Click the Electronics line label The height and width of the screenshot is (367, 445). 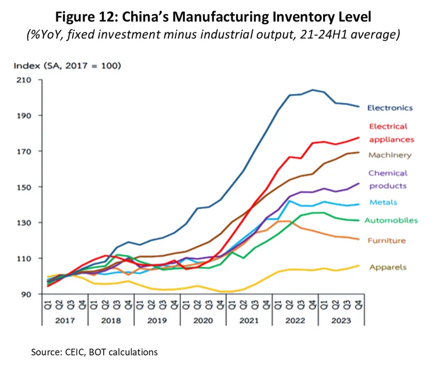tap(389, 108)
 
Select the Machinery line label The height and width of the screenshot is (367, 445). tap(389, 155)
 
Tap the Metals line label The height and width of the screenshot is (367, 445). tap(383, 202)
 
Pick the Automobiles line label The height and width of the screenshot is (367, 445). tap(393, 220)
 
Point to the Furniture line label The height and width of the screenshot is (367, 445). tap(387, 240)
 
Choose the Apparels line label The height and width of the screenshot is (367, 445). tap(388, 267)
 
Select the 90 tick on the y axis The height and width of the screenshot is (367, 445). tap(26, 294)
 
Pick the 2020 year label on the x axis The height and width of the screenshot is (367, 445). tap(203, 320)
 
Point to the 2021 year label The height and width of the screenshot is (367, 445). tap(250, 320)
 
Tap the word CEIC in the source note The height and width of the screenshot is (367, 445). tap(77, 352)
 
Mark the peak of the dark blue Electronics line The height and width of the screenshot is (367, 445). tap(312, 90)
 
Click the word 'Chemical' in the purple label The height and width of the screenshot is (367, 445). tap(388, 173)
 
